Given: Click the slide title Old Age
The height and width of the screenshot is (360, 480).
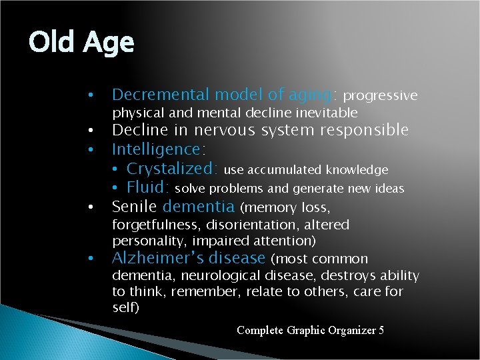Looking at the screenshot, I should click(81, 43).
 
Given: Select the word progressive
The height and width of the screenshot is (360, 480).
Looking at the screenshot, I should click(380, 96).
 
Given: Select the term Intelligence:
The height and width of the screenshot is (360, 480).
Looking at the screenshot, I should click(159, 149).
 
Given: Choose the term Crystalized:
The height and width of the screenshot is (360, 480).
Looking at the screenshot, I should click(173, 169).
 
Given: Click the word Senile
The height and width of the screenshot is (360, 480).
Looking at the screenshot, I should click(135, 206).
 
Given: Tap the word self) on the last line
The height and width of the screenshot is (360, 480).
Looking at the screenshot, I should click(126, 307).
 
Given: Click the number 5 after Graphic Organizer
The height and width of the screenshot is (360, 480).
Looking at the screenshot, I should click(380, 330).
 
